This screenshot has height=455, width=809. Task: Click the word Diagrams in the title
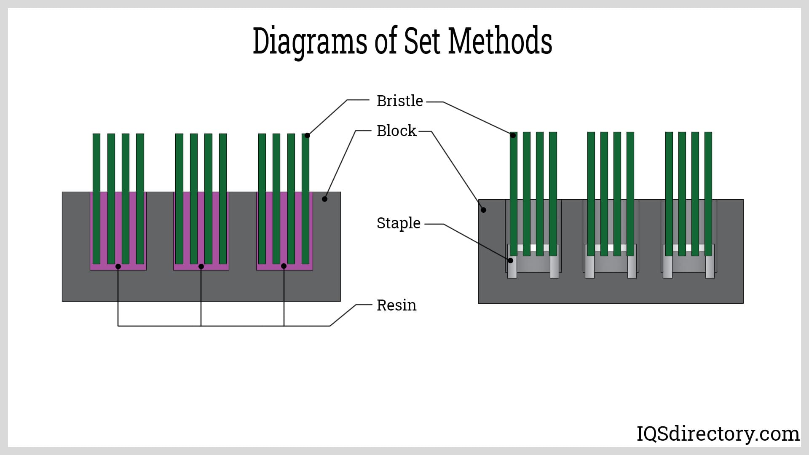(310, 41)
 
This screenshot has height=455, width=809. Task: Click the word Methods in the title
(500, 41)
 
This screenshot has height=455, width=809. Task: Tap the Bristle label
(399, 101)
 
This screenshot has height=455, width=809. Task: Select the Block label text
(396, 131)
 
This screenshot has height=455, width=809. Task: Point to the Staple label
(398, 223)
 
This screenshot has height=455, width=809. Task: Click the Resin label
(396, 305)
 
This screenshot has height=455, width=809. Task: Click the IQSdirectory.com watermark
(718, 434)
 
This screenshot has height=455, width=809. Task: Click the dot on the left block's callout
(324, 199)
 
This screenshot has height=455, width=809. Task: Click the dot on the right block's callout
(484, 210)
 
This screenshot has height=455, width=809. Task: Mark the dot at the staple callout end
(511, 260)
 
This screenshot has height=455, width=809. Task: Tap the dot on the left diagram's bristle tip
(307, 135)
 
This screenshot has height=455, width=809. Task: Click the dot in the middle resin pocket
(201, 266)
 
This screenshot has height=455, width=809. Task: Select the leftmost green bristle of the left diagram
(96, 198)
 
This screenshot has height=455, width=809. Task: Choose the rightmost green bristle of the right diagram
(708, 194)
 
